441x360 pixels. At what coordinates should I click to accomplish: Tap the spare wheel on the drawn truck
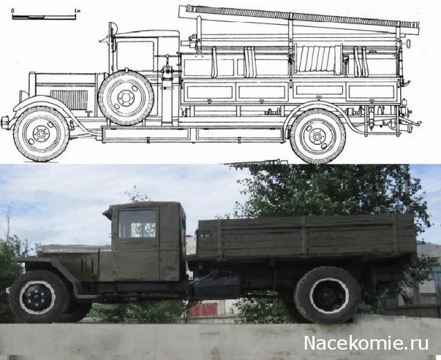point(125,97)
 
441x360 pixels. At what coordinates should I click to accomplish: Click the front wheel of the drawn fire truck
point(41,133)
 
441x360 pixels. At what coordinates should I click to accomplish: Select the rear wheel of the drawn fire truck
point(317,135)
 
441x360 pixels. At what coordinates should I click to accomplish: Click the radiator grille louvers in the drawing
point(68,100)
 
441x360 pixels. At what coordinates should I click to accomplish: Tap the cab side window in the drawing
point(135,55)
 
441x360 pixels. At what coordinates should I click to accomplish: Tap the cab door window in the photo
point(137,224)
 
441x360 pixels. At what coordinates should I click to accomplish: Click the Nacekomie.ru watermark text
point(367,343)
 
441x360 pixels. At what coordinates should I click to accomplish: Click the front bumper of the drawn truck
point(6,122)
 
